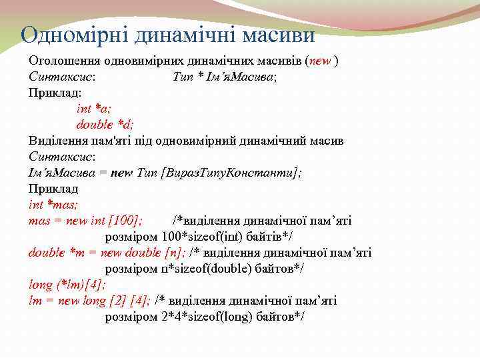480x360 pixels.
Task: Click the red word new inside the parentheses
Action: pos(320,61)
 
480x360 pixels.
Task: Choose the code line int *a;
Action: pos(94,109)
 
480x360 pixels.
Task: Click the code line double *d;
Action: pos(105,125)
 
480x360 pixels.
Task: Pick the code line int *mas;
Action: pos(53,205)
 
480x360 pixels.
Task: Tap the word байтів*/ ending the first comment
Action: pos(270,237)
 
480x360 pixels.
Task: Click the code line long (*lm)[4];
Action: pos(67,285)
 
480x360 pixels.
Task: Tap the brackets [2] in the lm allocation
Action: pos(113,301)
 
